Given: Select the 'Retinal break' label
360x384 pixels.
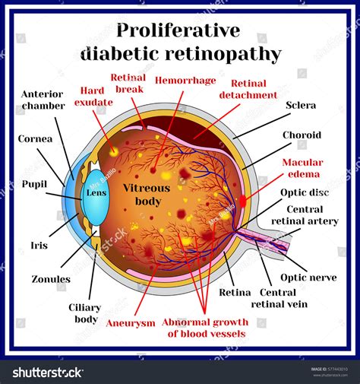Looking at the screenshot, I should click(x=128, y=83).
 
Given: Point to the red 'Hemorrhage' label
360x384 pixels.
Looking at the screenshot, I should click(x=185, y=79).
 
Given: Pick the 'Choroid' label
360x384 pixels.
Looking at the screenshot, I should click(x=302, y=135).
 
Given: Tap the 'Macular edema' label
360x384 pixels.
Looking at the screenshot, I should click(x=302, y=168).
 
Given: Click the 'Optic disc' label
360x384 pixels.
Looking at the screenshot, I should click(x=303, y=194).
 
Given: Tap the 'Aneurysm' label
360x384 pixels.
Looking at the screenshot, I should click(x=131, y=322).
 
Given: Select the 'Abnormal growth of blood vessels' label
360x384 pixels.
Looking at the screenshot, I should click(x=205, y=327).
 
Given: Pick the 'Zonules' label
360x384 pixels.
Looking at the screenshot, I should click(x=51, y=279).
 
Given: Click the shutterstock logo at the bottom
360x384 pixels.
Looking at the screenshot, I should click(x=48, y=372).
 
